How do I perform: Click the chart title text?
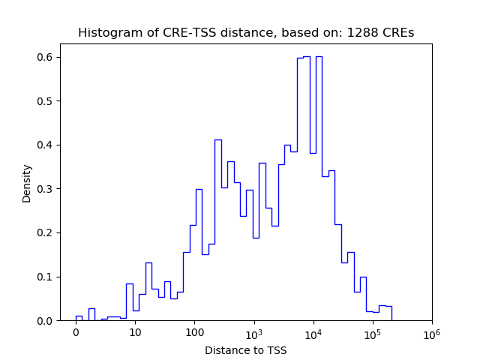(x=246, y=33)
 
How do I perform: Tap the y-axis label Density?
(x=28, y=182)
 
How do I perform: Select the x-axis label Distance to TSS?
(x=246, y=350)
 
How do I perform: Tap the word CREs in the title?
(x=398, y=33)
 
